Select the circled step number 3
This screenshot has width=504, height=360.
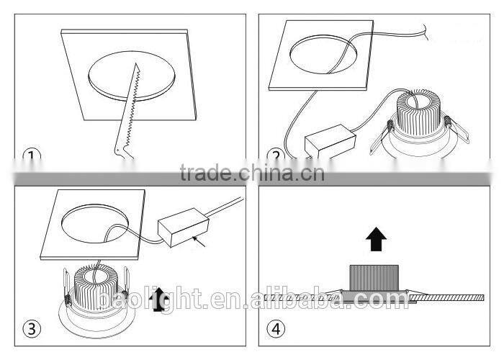[31, 329]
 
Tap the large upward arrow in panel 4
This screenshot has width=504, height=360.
[374, 237]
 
